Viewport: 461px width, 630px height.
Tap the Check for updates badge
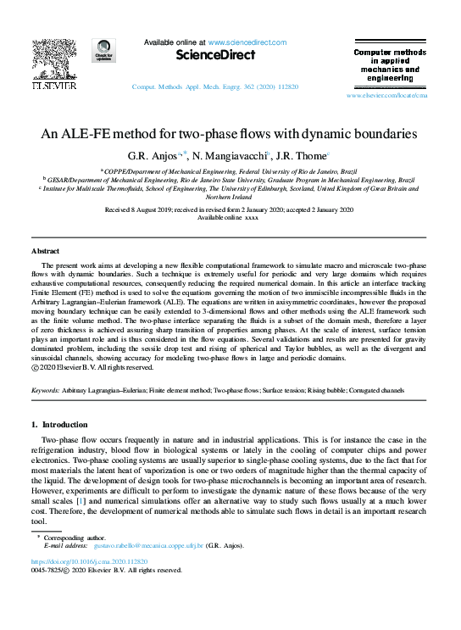pyautogui.click(x=104, y=52)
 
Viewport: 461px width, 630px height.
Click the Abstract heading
pyautogui.click(x=46, y=252)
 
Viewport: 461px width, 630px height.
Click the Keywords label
pyautogui.click(x=45, y=390)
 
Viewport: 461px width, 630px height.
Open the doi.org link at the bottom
pyautogui.click(x=90, y=561)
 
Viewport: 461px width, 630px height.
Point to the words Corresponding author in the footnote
pyautogui.click(x=73, y=538)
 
